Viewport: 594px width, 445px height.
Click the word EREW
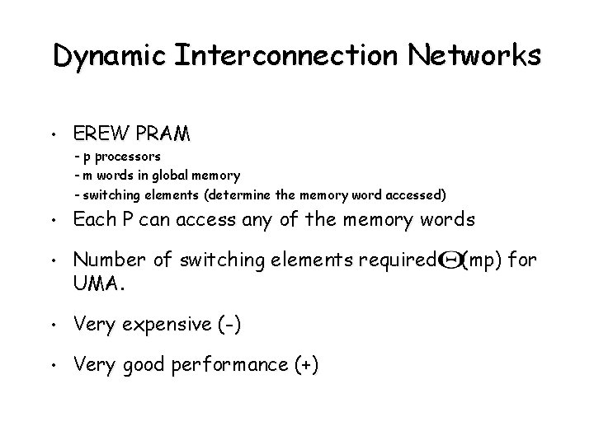tap(96, 133)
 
